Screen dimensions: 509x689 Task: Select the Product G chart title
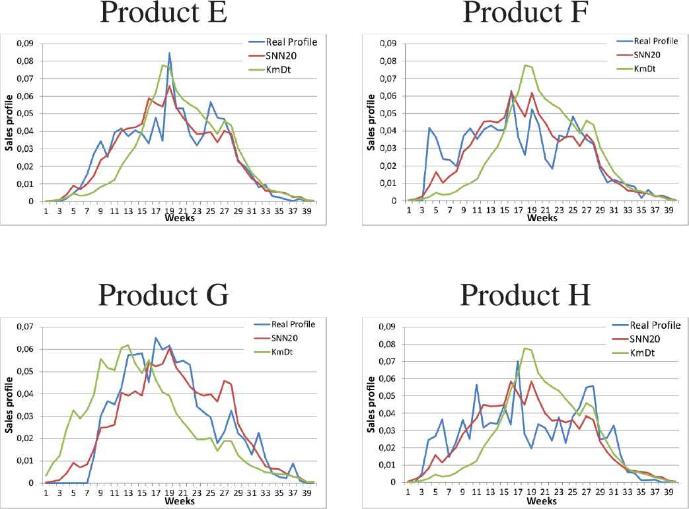coord(163,294)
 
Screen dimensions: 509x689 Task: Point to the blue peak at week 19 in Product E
coord(169,53)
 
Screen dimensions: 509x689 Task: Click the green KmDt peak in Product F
coord(525,65)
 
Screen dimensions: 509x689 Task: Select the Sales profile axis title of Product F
coord(371,123)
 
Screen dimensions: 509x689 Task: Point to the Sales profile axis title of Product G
coord(9,405)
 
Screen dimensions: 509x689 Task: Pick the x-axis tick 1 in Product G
coord(46,492)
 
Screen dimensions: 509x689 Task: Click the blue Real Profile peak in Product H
coord(518,361)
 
